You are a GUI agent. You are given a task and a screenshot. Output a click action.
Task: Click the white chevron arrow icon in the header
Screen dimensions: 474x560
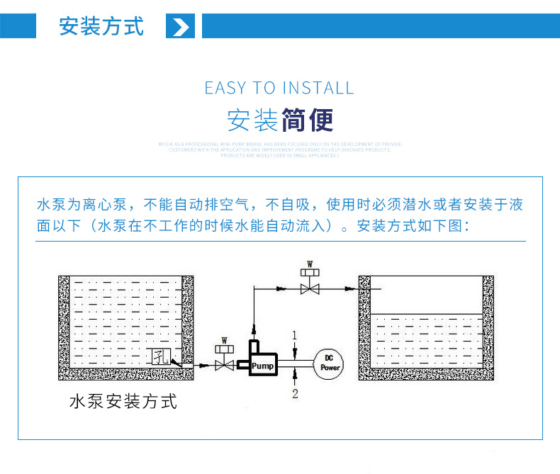point(181,27)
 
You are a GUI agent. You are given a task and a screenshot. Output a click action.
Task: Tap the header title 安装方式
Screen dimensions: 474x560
point(101,26)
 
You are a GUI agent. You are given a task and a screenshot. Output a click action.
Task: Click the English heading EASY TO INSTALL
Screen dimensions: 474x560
point(279,88)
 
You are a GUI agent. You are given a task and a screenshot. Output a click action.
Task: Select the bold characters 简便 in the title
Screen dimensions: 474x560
point(307,120)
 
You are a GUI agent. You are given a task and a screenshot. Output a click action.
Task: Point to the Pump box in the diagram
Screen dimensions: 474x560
point(262,365)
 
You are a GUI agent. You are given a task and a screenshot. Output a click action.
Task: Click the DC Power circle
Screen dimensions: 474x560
point(330,363)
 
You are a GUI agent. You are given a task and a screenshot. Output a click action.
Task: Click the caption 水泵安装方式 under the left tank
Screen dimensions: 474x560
point(123,402)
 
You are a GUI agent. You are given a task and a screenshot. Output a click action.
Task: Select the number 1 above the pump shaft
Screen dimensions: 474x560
point(295,334)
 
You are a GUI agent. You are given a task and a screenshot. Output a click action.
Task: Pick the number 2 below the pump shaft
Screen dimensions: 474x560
point(296,393)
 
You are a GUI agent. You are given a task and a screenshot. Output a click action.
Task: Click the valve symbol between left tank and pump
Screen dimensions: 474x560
point(225,364)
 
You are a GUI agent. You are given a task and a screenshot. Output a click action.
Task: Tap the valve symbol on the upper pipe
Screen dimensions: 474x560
point(309,288)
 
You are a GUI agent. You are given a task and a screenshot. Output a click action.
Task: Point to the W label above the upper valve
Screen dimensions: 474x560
point(309,264)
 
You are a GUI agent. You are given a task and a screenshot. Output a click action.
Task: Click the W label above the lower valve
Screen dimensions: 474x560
point(225,340)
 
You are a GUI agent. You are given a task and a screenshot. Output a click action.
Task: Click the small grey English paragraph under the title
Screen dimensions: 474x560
point(279,149)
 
